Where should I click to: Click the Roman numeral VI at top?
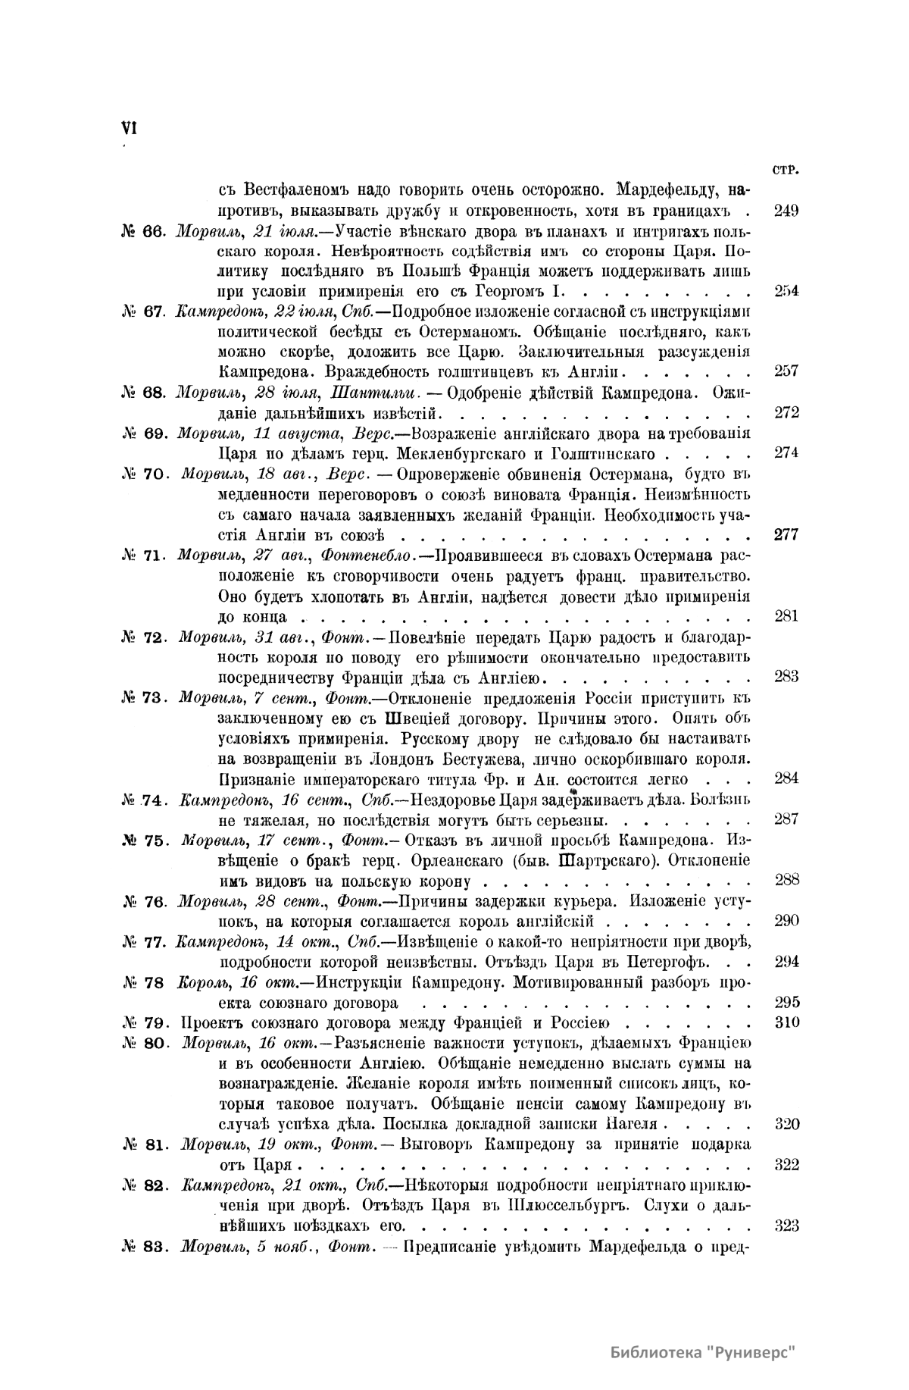(x=128, y=129)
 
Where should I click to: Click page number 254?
(x=786, y=292)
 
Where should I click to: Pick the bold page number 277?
(x=786, y=534)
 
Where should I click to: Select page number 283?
(x=786, y=677)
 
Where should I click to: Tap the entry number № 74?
(x=143, y=799)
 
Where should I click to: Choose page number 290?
(x=786, y=922)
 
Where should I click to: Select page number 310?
(x=786, y=1022)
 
